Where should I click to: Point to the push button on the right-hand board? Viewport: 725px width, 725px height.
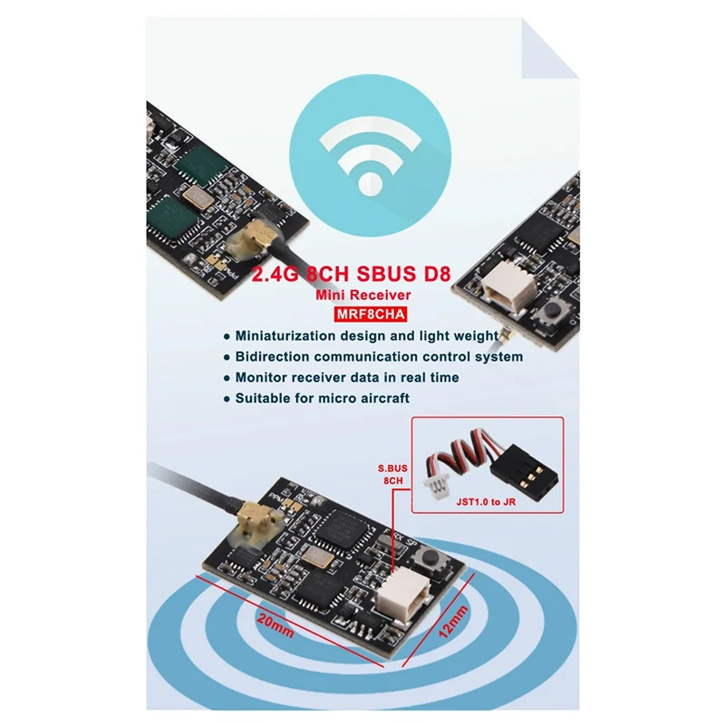pyautogui.click(x=549, y=315)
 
